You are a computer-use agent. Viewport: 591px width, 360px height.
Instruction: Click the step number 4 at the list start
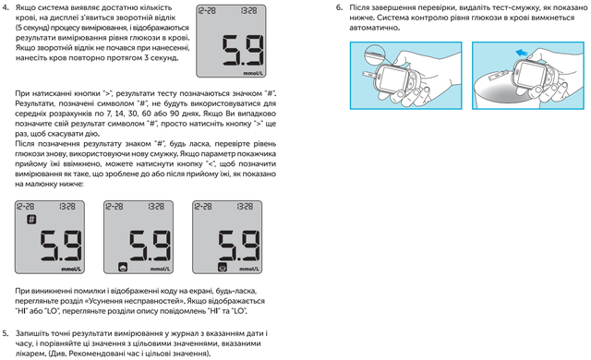6,7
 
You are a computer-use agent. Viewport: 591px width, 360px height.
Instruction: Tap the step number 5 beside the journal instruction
6,333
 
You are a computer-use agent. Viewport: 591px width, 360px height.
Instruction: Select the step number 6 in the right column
339,7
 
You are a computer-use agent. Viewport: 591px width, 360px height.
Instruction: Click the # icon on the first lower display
31,219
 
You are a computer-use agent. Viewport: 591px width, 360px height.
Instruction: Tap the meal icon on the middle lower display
123,267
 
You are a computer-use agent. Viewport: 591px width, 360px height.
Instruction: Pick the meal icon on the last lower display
223,267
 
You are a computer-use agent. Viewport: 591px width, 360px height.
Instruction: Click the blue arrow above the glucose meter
522,53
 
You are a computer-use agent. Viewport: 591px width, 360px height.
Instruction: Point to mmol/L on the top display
253,73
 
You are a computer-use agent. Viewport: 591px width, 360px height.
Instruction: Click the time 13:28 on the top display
248,11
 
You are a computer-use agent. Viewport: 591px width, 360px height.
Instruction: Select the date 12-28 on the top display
207,11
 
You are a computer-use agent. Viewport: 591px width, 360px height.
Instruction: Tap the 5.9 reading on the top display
242,51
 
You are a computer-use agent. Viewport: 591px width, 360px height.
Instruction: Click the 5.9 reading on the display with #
61,246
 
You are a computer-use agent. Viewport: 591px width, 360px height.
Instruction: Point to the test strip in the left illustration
369,76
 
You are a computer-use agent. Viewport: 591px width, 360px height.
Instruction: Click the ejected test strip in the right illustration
498,76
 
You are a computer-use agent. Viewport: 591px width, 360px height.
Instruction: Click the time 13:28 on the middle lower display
156,207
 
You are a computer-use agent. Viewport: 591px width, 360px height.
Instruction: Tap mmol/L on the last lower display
249,269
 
